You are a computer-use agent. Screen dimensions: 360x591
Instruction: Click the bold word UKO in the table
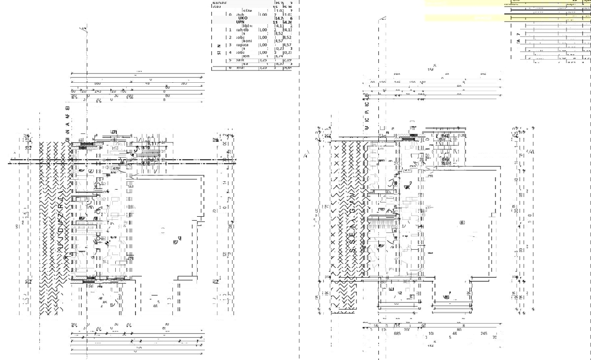[x=243, y=18]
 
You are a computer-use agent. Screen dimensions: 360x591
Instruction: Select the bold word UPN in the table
[x=240, y=22]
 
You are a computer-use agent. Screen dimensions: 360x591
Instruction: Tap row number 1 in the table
[x=230, y=30]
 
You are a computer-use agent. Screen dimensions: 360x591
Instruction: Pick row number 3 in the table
[x=230, y=45]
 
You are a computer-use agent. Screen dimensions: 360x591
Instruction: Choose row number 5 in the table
[x=230, y=60]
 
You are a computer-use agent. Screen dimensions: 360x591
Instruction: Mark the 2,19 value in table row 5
[x=288, y=60]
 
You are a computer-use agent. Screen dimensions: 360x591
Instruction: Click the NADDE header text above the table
[x=219, y=3]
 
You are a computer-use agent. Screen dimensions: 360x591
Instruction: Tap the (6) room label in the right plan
[x=462, y=223]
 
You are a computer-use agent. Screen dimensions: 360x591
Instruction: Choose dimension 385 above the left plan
[x=184, y=83]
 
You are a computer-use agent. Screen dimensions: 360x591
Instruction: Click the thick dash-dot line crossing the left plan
[x=123, y=161]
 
